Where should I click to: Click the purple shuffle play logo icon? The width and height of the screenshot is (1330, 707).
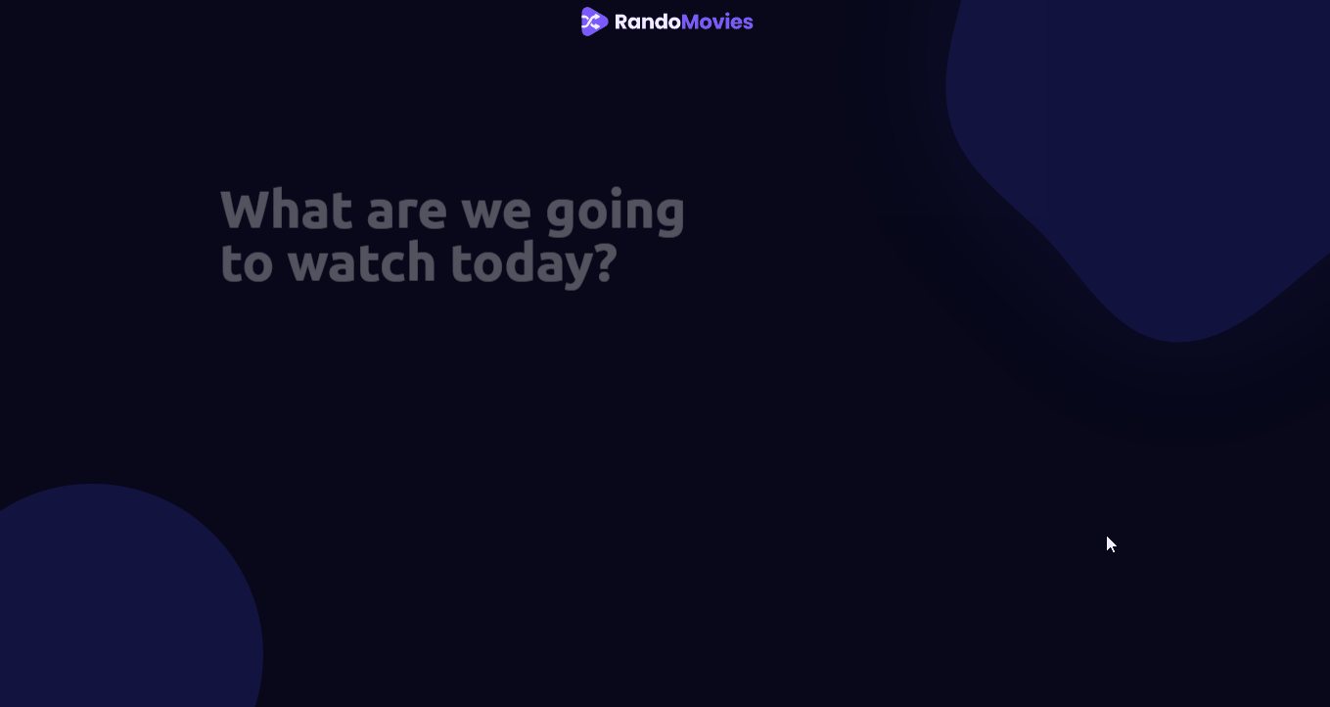(594, 22)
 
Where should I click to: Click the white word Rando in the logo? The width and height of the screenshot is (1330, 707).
(647, 22)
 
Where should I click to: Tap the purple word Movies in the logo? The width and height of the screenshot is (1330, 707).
(717, 22)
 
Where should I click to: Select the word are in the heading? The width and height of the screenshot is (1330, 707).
(407, 214)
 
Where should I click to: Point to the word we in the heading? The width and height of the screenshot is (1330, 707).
(496, 214)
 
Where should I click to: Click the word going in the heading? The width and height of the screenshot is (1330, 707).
(616, 212)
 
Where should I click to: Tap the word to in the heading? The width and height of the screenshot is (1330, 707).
(247, 263)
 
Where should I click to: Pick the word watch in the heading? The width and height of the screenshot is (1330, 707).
(362, 262)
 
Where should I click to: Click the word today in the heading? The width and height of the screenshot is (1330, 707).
(524, 265)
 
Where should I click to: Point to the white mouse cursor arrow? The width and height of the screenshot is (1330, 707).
(1111, 544)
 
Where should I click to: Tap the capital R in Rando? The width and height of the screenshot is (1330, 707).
(621, 22)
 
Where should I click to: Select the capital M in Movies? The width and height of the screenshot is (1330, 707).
(691, 22)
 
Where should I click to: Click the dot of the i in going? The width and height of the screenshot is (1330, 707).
(616, 192)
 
